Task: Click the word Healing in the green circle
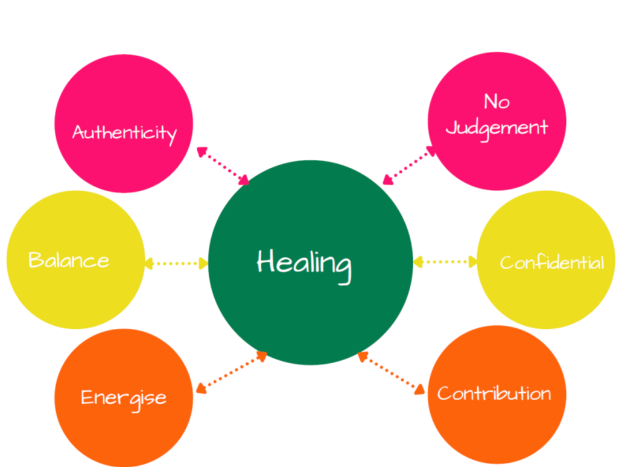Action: pos(304,264)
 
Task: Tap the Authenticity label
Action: pos(124,132)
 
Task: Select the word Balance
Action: pos(69,260)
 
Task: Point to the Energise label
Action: pos(124,398)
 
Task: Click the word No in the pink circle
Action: pos(496,102)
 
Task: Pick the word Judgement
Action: pos(497,128)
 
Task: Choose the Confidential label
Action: pos(551,262)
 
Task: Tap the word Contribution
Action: pos(494,393)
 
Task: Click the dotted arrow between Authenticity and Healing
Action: pos(223,165)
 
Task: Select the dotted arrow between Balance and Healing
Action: pos(176,263)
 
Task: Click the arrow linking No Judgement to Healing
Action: pos(409,165)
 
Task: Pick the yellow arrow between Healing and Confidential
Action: pos(445,262)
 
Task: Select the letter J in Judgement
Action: pos(452,128)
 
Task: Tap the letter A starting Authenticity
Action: pos(78,132)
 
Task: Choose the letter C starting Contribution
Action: pos(443,393)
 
